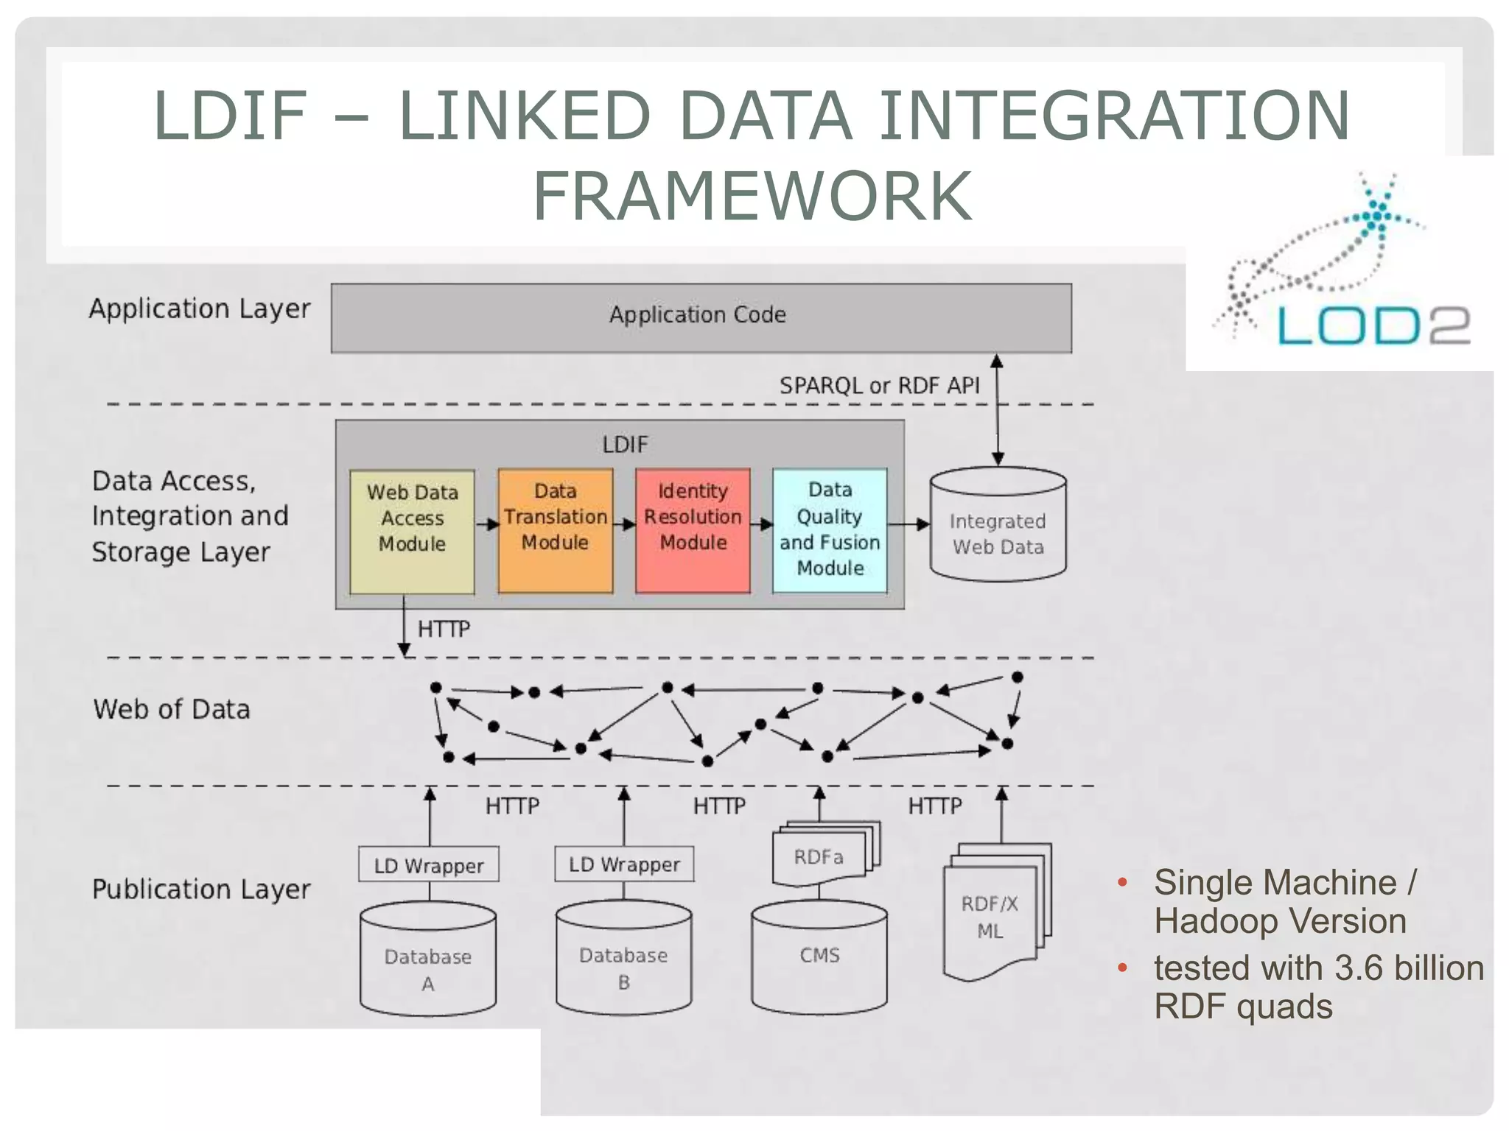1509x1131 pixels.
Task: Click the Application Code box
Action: pos(701,318)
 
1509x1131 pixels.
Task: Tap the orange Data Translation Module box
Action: pos(555,529)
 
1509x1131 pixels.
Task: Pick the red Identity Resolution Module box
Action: pos(693,529)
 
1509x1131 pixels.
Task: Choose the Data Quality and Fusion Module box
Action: pos(830,529)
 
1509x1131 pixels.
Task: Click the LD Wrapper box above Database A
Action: pos(429,865)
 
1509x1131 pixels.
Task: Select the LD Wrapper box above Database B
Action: pos(624,864)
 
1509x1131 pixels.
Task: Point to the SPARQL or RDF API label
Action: pos(879,385)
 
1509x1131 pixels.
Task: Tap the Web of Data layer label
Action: pos(172,709)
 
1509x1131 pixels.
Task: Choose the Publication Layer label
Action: pos(201,889)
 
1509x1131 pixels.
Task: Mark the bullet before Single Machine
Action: pos(1122,882)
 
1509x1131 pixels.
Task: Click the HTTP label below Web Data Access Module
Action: pos(444,629)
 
